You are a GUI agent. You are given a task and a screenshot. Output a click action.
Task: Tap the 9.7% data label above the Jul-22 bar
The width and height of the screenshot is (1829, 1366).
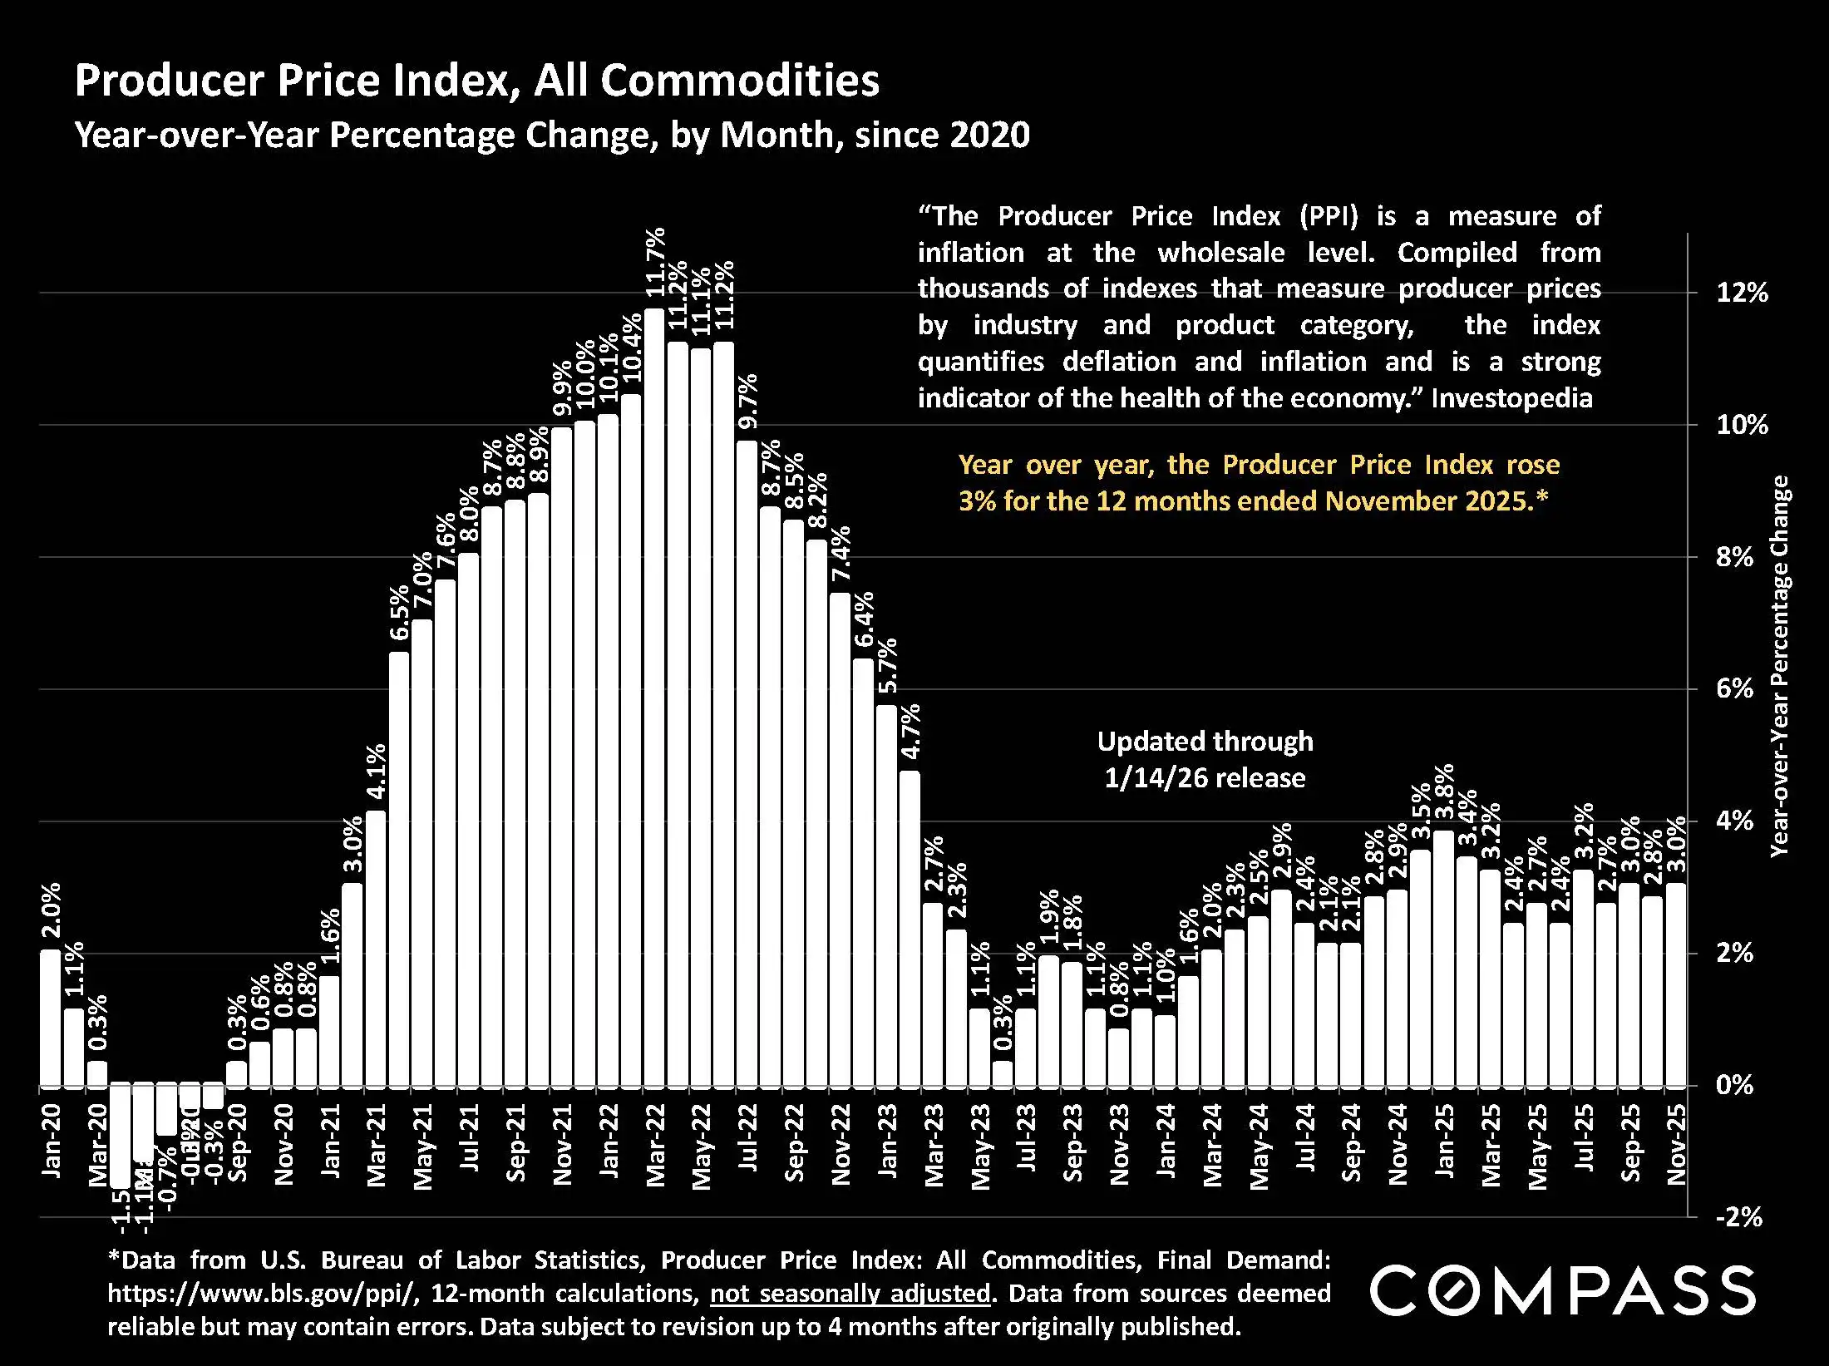click(748, 401)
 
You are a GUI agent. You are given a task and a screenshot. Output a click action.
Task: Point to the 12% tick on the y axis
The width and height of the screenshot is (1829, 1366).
click(1742, 293)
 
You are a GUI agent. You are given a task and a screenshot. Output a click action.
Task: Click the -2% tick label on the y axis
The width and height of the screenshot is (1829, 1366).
click(1738, 1217)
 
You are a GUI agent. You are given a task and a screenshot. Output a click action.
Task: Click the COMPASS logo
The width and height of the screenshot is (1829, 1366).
click(1562, 1290)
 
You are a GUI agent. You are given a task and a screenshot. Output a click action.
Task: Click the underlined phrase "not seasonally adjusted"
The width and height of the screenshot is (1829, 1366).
click(850, 1294)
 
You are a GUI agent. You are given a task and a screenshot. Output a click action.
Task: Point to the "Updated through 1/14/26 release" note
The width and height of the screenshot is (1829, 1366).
click(1205, 759)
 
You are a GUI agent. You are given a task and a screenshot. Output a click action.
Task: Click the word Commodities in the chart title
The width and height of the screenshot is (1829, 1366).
click(740, 81)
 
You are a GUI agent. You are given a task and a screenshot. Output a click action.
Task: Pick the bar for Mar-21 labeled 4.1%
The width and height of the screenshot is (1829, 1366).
click(376, 948)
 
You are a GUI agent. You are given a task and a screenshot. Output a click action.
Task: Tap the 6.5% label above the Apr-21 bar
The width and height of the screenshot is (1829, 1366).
click(400, 613)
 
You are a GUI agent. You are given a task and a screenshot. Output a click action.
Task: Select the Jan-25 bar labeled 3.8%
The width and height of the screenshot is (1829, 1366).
click(1444, 958)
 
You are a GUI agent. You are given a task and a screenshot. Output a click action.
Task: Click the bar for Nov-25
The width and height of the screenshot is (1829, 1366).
click(1676, 984)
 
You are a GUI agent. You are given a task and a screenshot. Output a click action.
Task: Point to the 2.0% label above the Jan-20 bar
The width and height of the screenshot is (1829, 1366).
click(51, 910)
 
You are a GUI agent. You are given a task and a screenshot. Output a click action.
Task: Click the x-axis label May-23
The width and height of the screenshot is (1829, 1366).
click(981, 1147)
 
